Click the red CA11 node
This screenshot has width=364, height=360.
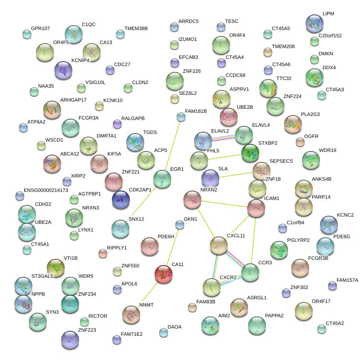[x=163, y=274]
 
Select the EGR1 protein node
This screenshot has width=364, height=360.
[x=162, y=178]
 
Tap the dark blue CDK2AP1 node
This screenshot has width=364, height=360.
[x=120, y=200]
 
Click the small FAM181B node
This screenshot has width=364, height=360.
[x=181, y=117]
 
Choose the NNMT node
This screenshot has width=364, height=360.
[x=131, y=314]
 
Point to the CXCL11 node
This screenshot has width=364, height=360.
[x=219, y=245]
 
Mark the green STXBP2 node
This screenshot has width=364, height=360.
[x=250, y=153]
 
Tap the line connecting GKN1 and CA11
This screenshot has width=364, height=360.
[x=172, y=249]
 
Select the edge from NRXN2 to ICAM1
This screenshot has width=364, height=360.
[x=224, y=203]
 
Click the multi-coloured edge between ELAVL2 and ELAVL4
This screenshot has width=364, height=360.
[x=223, y=138]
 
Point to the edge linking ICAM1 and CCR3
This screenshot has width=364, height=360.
[x=253, y=240]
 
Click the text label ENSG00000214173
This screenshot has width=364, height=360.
[x=46, y=190]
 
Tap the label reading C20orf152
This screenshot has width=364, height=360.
[x=330, y=36]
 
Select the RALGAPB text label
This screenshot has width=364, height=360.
[x=133, y=118]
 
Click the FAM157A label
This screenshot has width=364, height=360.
[x=347, y=280]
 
